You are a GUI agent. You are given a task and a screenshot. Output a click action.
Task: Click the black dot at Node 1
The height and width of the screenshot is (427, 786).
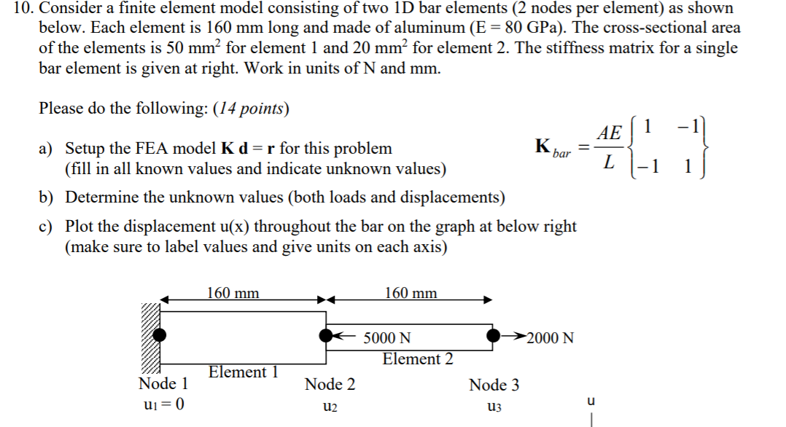[x=160, y=335]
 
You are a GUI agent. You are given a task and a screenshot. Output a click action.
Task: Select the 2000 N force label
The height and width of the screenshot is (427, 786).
[x=550, y=338]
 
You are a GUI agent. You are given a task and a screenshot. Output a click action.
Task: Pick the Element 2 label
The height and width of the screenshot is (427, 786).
[x=417, y=359]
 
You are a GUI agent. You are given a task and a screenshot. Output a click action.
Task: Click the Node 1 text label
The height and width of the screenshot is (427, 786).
[x=163, y=383]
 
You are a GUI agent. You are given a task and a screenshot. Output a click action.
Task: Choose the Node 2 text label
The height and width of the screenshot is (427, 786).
[x=330, y=384]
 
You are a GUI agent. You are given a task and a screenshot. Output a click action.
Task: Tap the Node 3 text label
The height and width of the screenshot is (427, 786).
[x=494, y=384]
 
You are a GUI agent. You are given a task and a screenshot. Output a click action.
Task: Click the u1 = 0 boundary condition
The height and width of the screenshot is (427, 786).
[x=161, y=405]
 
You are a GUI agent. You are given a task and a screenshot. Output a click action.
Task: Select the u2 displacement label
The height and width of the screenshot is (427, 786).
[x=329, y=407]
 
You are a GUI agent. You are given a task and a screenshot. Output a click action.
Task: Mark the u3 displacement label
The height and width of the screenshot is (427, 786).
[x=494, y=407]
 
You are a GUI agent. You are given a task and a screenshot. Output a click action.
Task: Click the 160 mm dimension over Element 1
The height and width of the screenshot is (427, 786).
[x=233, y=293]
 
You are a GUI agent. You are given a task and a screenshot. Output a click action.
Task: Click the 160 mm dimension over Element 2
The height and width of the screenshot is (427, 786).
[x=411, y=293]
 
